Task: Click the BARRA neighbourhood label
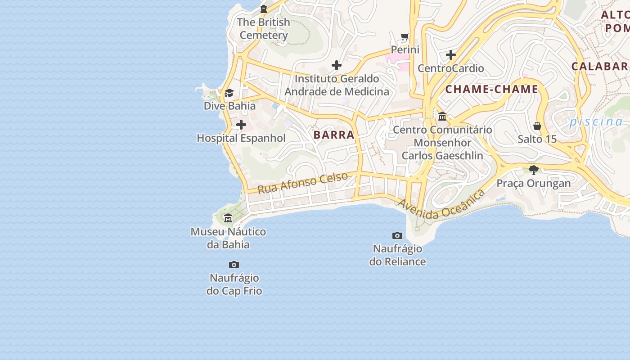tap(334, 135)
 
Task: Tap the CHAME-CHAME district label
tap(491, 89)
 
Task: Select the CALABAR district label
tap(600, 66)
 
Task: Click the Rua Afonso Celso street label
tap(303, 182)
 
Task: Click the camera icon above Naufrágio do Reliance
tap(397, 235)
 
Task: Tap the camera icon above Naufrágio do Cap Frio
tap(234, 265)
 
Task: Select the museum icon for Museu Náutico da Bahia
tap(228, 218)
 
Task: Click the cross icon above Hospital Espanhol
tap(241, 125)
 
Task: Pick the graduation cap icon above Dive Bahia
tap(229, 93)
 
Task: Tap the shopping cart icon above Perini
tap(405, 36)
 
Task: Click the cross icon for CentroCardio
tap(450, 55)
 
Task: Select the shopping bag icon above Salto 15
tap(537, 126)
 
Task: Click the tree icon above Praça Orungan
tap(534, 170)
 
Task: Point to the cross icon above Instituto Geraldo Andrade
tap(337, 65)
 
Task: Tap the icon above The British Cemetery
tap(264, 9)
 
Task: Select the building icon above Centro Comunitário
tap(442, 116)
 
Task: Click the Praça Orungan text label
tap(534, 183)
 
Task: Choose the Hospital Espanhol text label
tap(241, 138)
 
